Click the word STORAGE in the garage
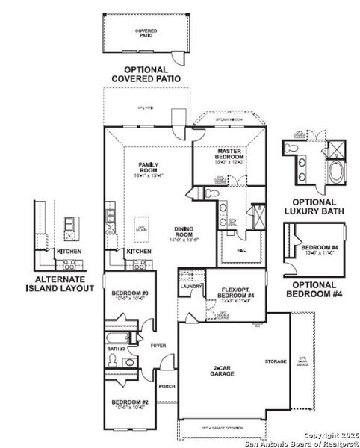pos(275,361)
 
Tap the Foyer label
pos(157,346)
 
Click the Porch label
pos(167,386)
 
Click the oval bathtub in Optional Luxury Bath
pos(335,174)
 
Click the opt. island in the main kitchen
pos(140,231)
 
